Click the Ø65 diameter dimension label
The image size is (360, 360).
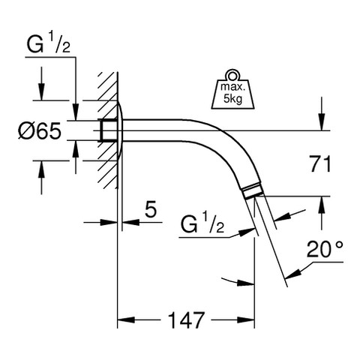click(40, 131)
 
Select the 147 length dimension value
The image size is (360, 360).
click(186, 320)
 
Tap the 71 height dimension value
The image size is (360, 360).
click(320, 163)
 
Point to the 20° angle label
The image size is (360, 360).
click(325, 249)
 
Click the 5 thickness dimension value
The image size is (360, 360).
click(151, 208)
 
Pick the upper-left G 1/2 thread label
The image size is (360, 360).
click(49, 44)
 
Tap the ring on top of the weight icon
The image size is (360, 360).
click(232, 74)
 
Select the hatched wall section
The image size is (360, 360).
click(108, 130)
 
